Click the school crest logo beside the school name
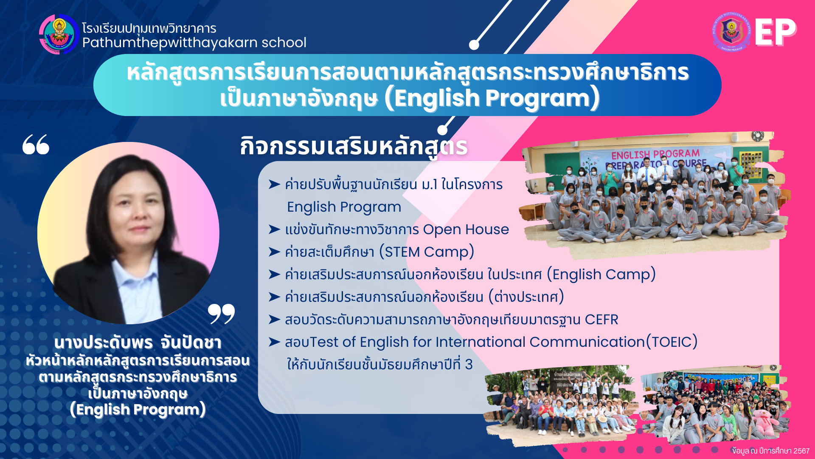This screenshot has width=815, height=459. [59, 34]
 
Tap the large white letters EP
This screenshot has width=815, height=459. [776, 32]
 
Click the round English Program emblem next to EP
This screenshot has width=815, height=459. [731, 32]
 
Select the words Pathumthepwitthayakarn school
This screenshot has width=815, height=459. [194, 43]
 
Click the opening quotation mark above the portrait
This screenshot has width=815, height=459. [36, 144]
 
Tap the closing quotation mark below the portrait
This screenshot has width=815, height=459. [221, 314]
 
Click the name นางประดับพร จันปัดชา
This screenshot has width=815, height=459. [138, 343]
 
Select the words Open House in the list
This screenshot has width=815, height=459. [466, 229]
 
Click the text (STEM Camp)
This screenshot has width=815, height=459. [427, 252]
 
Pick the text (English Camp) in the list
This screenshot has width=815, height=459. [601, 275]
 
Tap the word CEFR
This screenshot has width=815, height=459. [601, 320]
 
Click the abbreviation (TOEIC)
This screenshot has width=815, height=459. [672, 342]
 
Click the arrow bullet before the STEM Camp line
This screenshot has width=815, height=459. [274, 252]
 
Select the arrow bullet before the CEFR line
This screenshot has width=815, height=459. [274, 319]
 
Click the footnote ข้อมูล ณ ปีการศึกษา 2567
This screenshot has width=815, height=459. [771, 451]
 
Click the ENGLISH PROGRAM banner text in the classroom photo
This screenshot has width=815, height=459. [655, 154]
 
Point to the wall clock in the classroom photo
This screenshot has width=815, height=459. [757, 136]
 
